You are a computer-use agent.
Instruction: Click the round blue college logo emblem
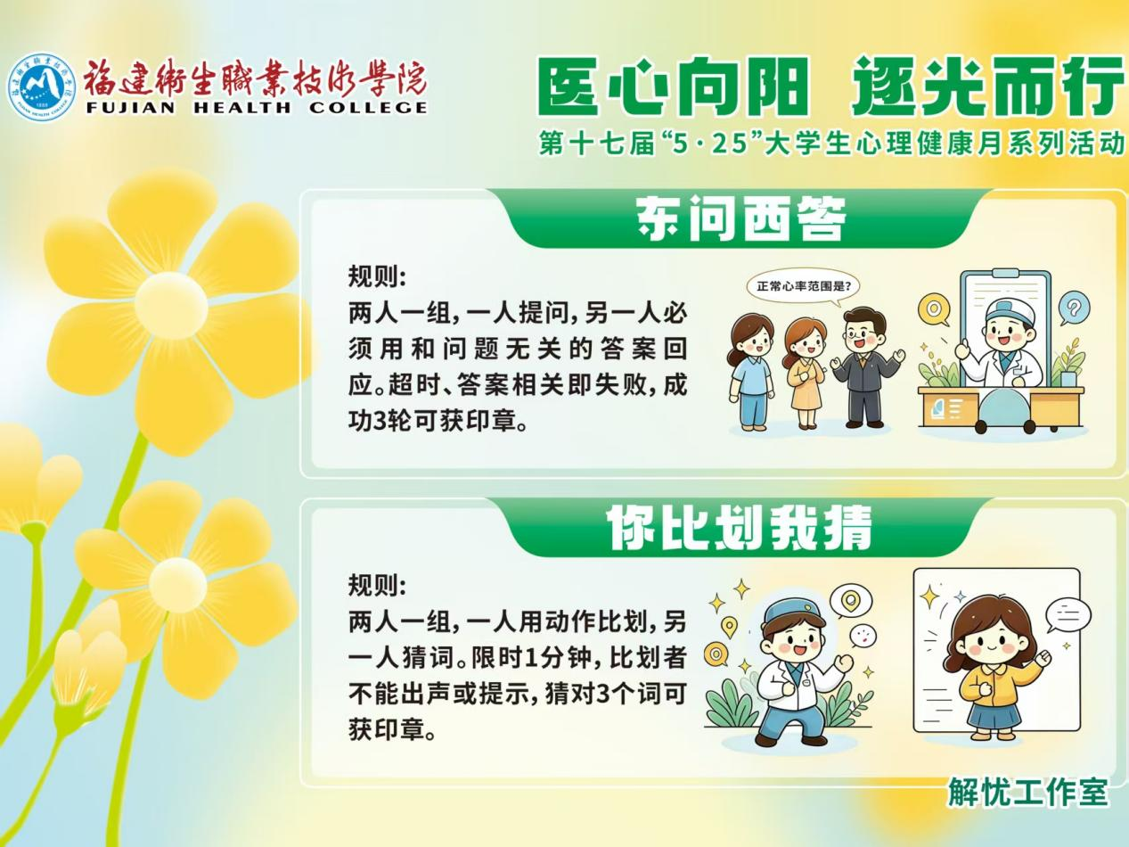click(x=42, y=87)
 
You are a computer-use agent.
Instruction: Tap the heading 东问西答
click(x=740, y=218)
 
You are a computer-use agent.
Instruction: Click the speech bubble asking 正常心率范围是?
click(x=802, y=286)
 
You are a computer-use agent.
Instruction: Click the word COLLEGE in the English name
click(x=368, y=108)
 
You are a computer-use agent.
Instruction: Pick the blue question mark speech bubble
click(x=1073, y=308)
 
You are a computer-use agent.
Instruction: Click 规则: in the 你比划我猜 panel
click(x=378, y=585)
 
